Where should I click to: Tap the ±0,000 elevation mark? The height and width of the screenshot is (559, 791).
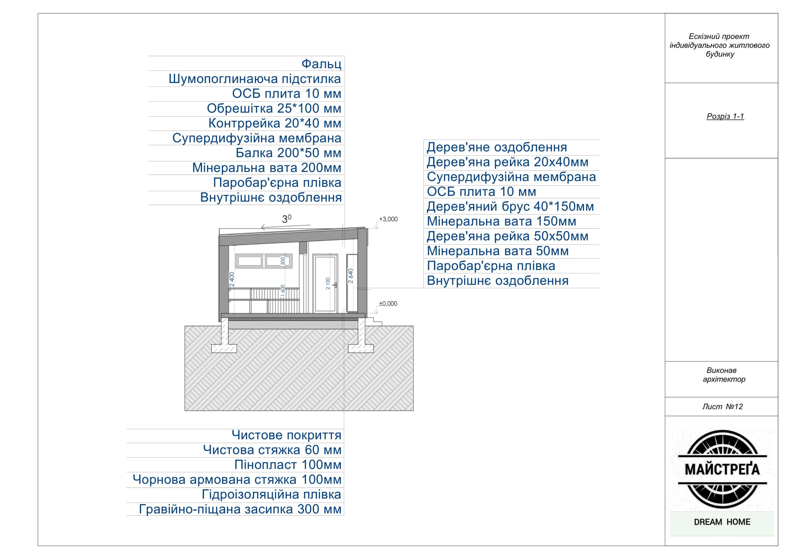[388, 304]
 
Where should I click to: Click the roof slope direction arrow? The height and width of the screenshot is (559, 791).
[286, 227]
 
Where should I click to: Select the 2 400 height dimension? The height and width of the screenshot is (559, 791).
[232, 279]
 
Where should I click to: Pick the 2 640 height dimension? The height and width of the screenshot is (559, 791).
[350, 276]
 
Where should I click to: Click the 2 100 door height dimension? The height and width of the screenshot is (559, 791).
[328, 284]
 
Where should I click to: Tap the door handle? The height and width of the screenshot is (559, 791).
[335, 285]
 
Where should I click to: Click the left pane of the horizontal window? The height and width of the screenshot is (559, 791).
[250, 261]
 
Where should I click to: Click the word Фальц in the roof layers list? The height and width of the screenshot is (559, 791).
[321, 64]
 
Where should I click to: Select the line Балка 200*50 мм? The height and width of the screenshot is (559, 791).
[288, 153]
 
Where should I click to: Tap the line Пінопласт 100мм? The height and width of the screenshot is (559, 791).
[288, 464]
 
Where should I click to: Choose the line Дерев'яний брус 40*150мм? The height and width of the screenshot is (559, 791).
[510, 207]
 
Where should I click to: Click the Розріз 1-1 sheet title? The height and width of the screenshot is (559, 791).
[725, 116]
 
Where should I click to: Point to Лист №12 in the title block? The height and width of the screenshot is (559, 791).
[722, 406]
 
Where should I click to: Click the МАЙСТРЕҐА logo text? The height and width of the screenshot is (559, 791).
[722, 469]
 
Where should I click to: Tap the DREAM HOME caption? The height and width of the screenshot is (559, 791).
[722, 522]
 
